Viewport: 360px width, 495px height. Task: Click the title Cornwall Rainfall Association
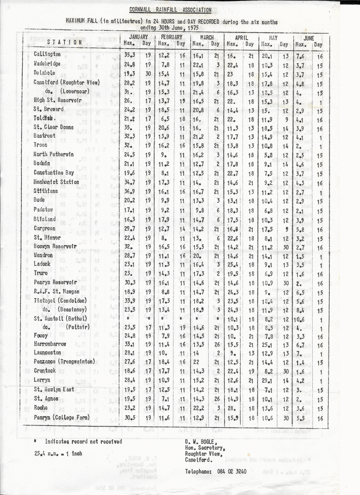(170, 10)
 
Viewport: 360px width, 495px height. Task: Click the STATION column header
(64, 42)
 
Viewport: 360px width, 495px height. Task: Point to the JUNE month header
(308, 37)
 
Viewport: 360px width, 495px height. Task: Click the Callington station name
(47, 55)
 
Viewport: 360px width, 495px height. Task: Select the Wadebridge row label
(47, 64)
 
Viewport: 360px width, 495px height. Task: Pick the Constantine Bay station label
(54, 173)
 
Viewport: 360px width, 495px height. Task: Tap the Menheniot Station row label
(56, 182)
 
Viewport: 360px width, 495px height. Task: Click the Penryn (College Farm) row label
(61, 417)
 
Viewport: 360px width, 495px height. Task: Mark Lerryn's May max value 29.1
(267, 380)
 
